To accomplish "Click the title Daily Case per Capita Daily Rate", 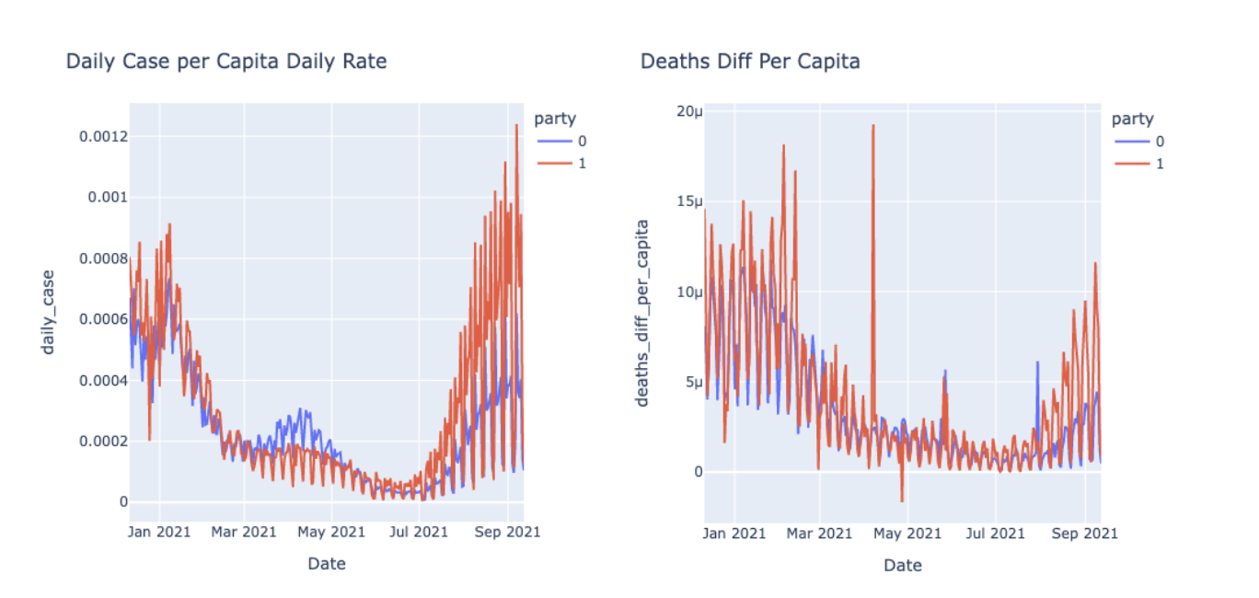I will [226, 62].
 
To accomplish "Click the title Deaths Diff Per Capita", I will [750, 62].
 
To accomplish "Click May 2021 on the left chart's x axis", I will [332, 532].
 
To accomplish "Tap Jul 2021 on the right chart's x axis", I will [995, 533].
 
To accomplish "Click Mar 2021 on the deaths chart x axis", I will [820, 533].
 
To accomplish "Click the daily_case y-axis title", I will [47, 312].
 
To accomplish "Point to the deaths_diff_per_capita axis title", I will [643, 312].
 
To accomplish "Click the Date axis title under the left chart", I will [327, 564].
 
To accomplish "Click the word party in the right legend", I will [1132, 119].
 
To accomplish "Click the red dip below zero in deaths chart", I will [902, 500].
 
